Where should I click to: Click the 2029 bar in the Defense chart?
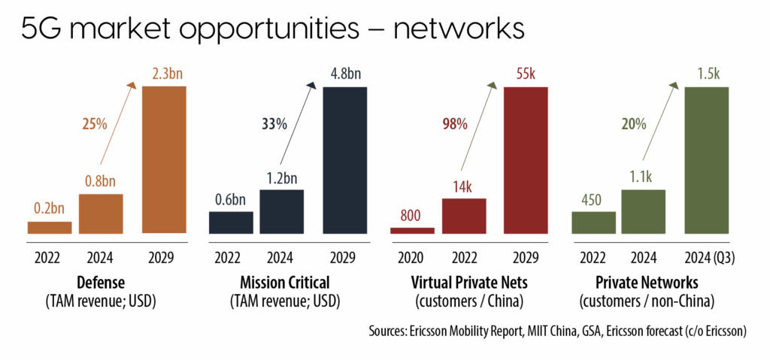[163, 159]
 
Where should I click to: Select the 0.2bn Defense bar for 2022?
[50, 227]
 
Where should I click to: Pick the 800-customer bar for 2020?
[412, 230]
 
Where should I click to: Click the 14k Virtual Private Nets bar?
[464, 216]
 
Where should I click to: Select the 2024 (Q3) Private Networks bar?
[706, 159]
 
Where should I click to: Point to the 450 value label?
[593, 201]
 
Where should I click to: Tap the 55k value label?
[526, 74]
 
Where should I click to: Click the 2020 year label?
[412, 258]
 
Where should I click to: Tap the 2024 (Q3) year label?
[706, 258]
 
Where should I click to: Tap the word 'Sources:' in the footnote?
[390, 330]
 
